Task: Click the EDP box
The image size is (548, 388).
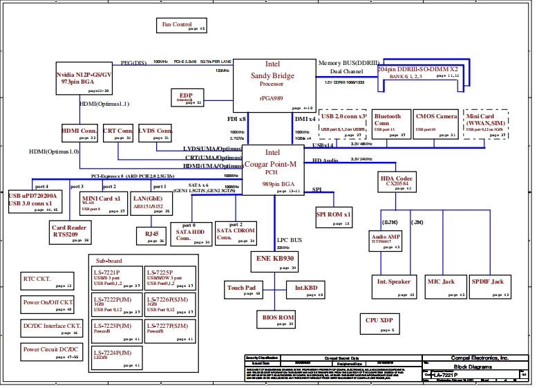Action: click(x=187, y=98)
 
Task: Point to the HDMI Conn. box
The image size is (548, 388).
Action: click(x=79, y=133)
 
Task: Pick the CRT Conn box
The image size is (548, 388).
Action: click(x=117, y=133)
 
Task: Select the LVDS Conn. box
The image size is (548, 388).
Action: click(x=155, y=133)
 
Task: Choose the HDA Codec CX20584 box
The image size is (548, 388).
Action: click(x=397, y=182)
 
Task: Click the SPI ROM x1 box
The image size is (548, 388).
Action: click(x=334, y=216)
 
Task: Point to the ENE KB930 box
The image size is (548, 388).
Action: click(x=274, y=261)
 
